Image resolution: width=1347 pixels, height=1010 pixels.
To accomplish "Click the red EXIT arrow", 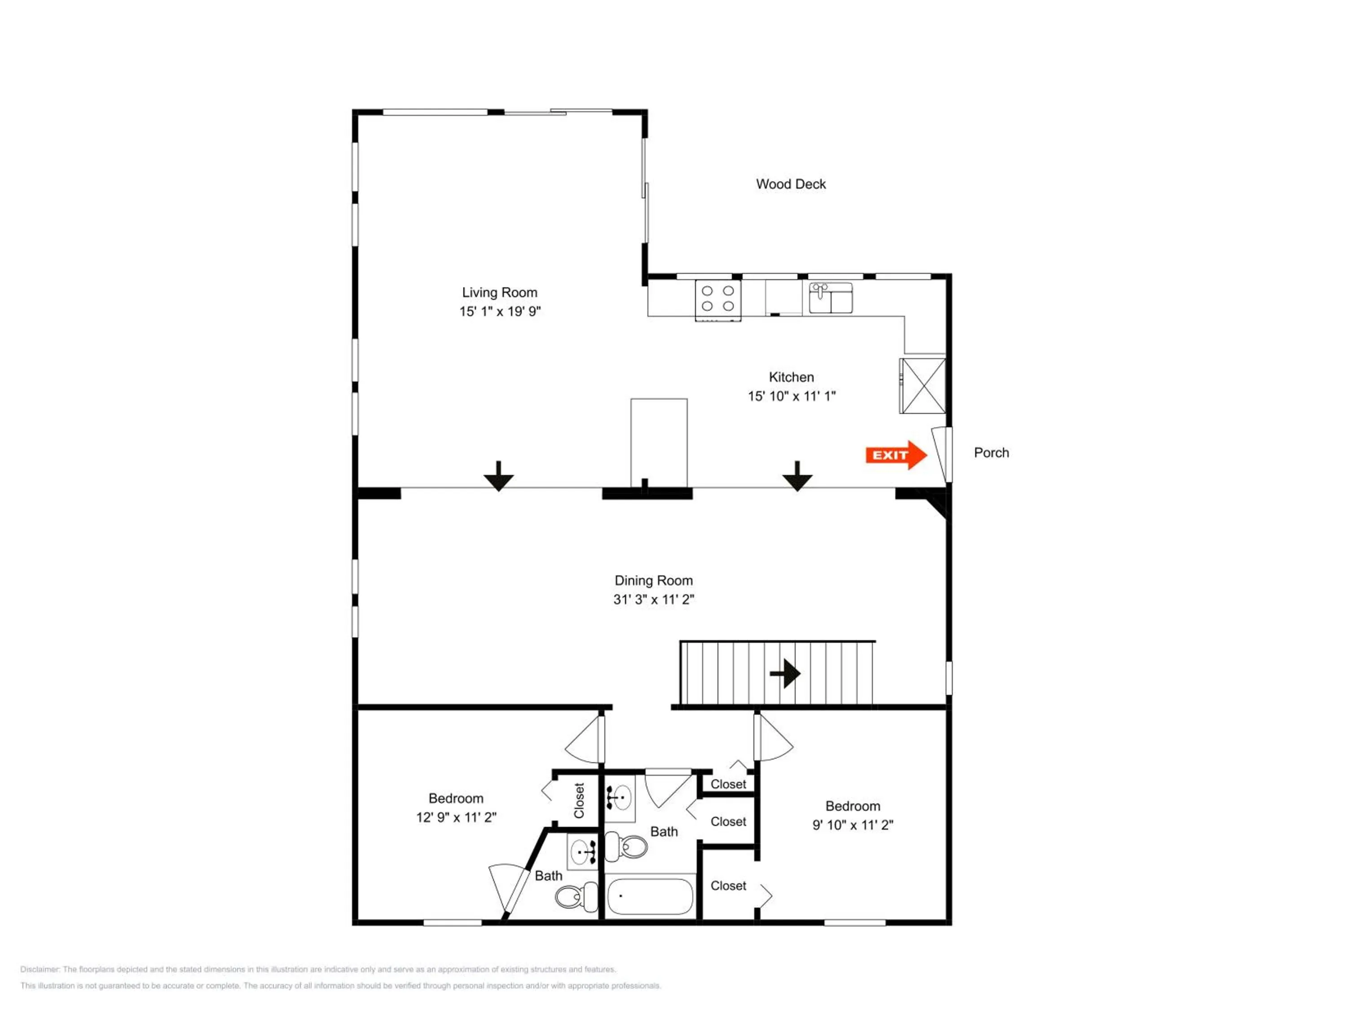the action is pos(896,455).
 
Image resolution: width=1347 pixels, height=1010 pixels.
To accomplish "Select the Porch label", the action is pos(991,452).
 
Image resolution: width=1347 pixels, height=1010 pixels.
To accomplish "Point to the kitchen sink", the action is pos(831,298).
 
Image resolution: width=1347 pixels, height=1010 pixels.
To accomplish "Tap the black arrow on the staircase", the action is pos(786,673).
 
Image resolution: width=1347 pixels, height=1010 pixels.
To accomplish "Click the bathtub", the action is pos(650,896).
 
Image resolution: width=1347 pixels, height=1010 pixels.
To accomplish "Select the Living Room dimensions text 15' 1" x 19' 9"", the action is pos(500,311).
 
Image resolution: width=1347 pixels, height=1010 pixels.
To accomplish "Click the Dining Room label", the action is pos(653,580).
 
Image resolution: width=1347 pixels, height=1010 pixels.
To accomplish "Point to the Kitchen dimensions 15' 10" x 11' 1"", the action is pos(792,396).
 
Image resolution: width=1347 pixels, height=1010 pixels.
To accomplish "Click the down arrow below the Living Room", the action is pos(499,476).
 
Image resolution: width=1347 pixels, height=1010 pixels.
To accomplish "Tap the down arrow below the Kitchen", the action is pos(797,476).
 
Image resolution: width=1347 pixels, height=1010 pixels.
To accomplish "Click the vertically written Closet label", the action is pos(578,800).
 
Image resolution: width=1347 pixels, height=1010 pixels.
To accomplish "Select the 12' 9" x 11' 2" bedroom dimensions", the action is pos(456,817).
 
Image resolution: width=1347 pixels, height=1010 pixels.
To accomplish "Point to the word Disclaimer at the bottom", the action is pos(40,969).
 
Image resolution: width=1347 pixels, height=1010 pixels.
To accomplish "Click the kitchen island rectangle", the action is pos(659,443).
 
